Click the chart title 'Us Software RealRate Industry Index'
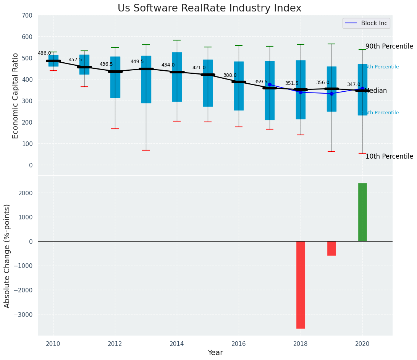[209, 8]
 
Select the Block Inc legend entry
[366, 23]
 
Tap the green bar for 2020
[362, 212]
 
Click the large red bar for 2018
[301, 285]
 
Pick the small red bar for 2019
[331, 248]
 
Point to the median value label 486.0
[44, 54]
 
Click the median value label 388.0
[230, 76]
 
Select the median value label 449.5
[137, 62]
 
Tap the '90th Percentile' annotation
[389, 47]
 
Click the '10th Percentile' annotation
[389, 157]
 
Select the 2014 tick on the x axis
[177, 344]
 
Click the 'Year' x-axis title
[215, 353]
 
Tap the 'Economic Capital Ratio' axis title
[16, 96]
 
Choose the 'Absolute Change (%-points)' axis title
[7, 256]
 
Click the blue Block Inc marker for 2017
[270, 85]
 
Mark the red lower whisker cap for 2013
[146, 150]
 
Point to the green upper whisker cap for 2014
[177, 40]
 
